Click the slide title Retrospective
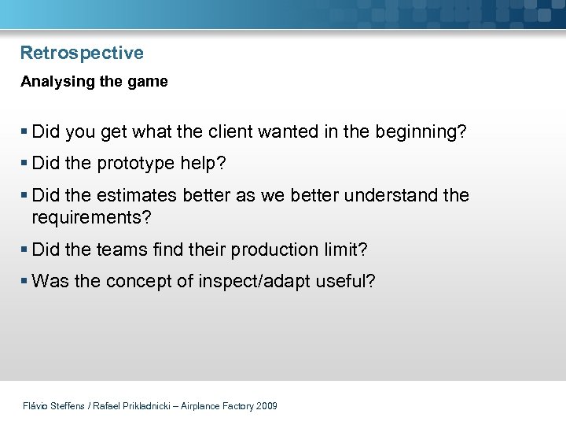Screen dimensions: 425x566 click(82, 54)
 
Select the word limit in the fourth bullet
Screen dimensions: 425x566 click(344, 249)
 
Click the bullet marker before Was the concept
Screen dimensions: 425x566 click(25, 281)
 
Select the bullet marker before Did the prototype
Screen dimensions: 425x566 click(25, 164)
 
